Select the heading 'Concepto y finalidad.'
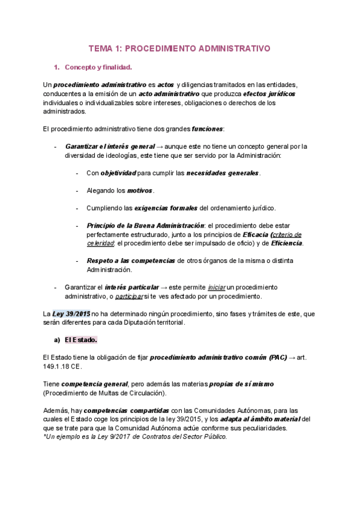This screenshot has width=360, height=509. pos(98,67)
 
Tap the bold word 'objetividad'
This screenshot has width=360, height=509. pos(118,173)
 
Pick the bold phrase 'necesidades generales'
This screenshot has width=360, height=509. pos(222,173)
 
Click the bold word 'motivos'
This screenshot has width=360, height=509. pos(140,191)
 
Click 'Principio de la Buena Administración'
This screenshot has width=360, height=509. pos(146,226)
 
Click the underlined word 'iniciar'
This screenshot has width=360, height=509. pos(217,287)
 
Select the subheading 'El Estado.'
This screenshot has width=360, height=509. pos(80,340)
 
